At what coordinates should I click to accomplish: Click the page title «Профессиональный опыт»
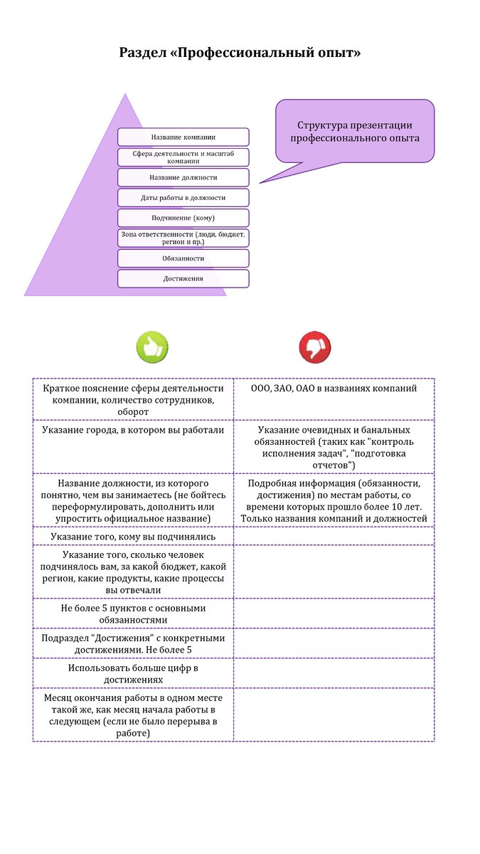[x=240, y=53]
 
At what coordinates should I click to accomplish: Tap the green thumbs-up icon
[x=152, y=348]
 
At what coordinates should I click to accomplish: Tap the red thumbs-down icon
[x=315, y=348]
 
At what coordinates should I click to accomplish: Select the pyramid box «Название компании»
[x=183, y=137]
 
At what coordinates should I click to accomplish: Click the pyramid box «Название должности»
[x=183, y=177]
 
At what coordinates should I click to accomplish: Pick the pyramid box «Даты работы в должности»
[x=183, y=197]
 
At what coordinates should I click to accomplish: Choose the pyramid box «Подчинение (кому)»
[x=183, y=218]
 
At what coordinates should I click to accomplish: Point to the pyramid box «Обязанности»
[x=183, y=258]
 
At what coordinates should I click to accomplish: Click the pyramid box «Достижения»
[x=183, y=278]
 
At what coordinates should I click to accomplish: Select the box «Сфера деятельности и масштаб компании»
[x=183, y=157]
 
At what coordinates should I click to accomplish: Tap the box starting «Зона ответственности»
[x=183, y=238]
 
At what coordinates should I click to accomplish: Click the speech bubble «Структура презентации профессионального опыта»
[x=355, y=132]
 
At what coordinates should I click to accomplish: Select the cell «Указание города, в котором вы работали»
[x=133, y=431]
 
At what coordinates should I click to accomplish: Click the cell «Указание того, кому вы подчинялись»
[x=133, y=536]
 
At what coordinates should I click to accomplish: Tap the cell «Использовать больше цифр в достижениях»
[x=133, y=673]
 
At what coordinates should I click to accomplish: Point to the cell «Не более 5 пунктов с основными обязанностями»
[x=133, y=613]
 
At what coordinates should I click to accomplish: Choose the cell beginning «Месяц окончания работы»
[x=133, y=715]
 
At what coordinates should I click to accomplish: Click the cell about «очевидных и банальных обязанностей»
[x=334, y=447]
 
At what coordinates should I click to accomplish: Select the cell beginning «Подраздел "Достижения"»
[x=133, y=643]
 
